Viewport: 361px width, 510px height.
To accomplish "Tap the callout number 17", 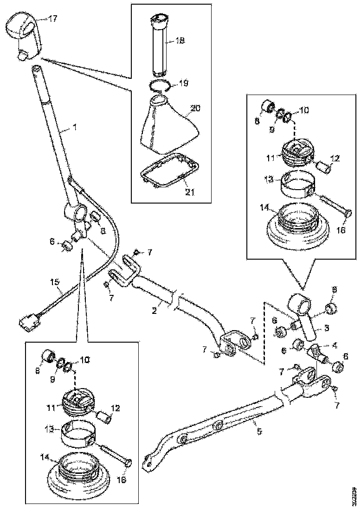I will (x=52, y=19).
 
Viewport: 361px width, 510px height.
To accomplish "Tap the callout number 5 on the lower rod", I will (x=259, y=431).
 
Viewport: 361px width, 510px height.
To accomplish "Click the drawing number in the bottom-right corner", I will (x=354, y=495).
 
